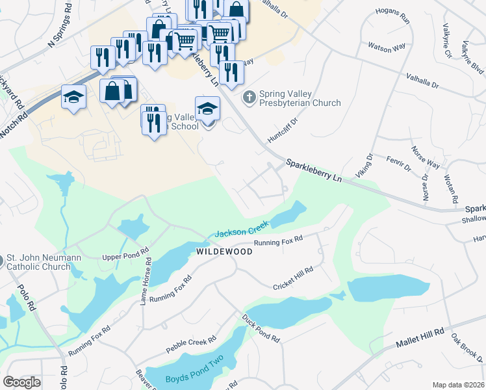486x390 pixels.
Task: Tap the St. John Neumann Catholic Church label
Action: pos(44,262)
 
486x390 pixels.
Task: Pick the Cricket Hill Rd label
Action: pos(293,277)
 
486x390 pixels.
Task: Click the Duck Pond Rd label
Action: pos(261,330)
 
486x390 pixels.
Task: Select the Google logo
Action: pos(21,382)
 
